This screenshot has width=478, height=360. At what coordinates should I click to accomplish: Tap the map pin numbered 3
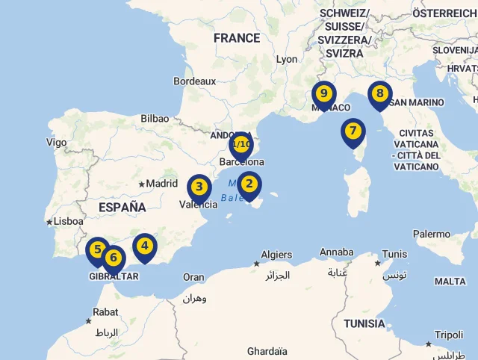[199, 187]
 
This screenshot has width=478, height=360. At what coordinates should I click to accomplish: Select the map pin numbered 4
[145, 246]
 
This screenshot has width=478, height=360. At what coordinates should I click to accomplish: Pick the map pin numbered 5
[97, 250]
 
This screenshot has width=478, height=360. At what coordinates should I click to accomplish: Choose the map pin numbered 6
[114, 259]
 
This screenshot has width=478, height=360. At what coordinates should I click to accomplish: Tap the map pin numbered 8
[380, 94]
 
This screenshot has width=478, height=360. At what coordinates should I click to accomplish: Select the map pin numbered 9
[323, 94]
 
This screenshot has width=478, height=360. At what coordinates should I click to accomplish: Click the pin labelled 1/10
[241, 144]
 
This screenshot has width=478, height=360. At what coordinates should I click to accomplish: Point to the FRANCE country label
[237, 38]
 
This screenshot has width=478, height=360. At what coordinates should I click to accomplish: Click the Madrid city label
[162, 183]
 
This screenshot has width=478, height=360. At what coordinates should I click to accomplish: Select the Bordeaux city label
[194, 81]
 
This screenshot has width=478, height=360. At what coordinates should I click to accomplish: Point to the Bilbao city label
[155, 118]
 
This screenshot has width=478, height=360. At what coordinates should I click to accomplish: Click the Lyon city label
[287, 59]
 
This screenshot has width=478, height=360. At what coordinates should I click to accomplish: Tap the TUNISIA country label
[364, 323]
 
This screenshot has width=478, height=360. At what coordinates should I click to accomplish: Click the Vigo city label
[56, 142]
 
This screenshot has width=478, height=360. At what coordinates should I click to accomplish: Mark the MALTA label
[450, 282]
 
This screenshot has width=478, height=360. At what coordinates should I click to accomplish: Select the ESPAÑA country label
[122, 207]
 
